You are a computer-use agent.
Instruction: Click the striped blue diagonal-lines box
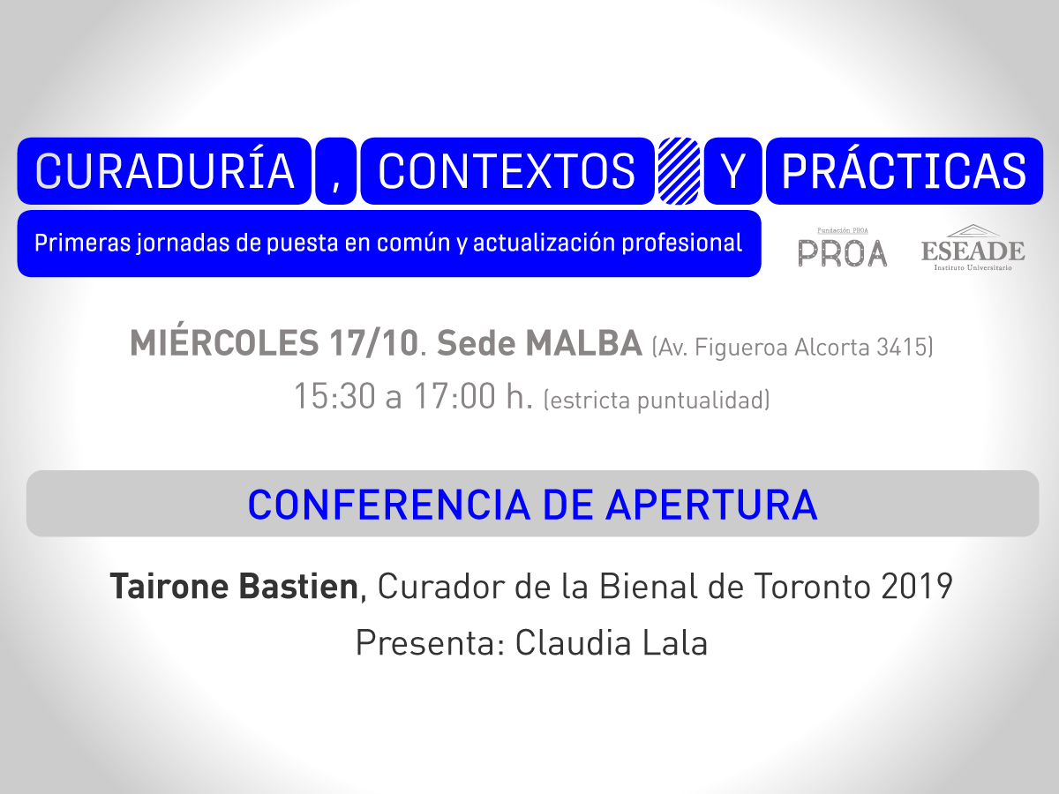coord(679,171)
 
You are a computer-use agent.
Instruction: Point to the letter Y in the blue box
coord(732,171)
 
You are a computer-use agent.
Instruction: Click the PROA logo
coord(843,248)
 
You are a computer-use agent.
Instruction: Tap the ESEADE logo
coord(973,247)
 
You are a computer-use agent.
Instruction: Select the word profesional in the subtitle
coord(681,243)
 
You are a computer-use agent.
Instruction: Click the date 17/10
coord(374,343)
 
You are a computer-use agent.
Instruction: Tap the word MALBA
coord(584,343)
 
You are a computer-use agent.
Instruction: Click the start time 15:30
coord(334,396)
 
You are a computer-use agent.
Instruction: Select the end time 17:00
coord(454,396)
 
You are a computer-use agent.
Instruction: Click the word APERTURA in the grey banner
coord(711,505)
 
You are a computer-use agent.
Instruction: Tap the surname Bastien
coord(298,586)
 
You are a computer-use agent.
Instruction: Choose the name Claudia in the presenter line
coord(573,642)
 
